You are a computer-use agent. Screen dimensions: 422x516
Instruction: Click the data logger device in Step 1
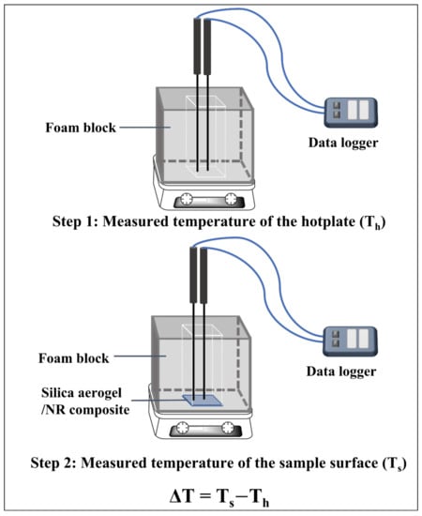click(351, 113)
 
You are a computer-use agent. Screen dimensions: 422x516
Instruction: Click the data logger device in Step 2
click(350, 341)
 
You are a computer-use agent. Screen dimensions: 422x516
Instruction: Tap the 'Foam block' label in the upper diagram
click(81, 128)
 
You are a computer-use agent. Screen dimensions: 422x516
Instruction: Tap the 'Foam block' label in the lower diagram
click(74, 358)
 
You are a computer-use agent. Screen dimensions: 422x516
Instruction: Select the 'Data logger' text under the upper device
click(343, 144)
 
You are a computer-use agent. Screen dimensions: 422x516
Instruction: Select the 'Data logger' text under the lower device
click(341, 372)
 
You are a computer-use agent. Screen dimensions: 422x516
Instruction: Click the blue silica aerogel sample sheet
click(202, 401)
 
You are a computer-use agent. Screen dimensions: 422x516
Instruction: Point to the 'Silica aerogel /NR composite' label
click(85, 402)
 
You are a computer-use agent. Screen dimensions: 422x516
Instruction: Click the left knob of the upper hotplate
click(187, 199)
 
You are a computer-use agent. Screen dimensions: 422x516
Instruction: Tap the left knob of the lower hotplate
click(182, 428)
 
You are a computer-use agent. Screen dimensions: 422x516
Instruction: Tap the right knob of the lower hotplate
click(227, 428)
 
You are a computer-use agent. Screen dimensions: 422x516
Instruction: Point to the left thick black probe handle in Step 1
click(197, 46)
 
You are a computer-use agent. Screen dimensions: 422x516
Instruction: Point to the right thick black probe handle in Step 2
click(203, 275)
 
